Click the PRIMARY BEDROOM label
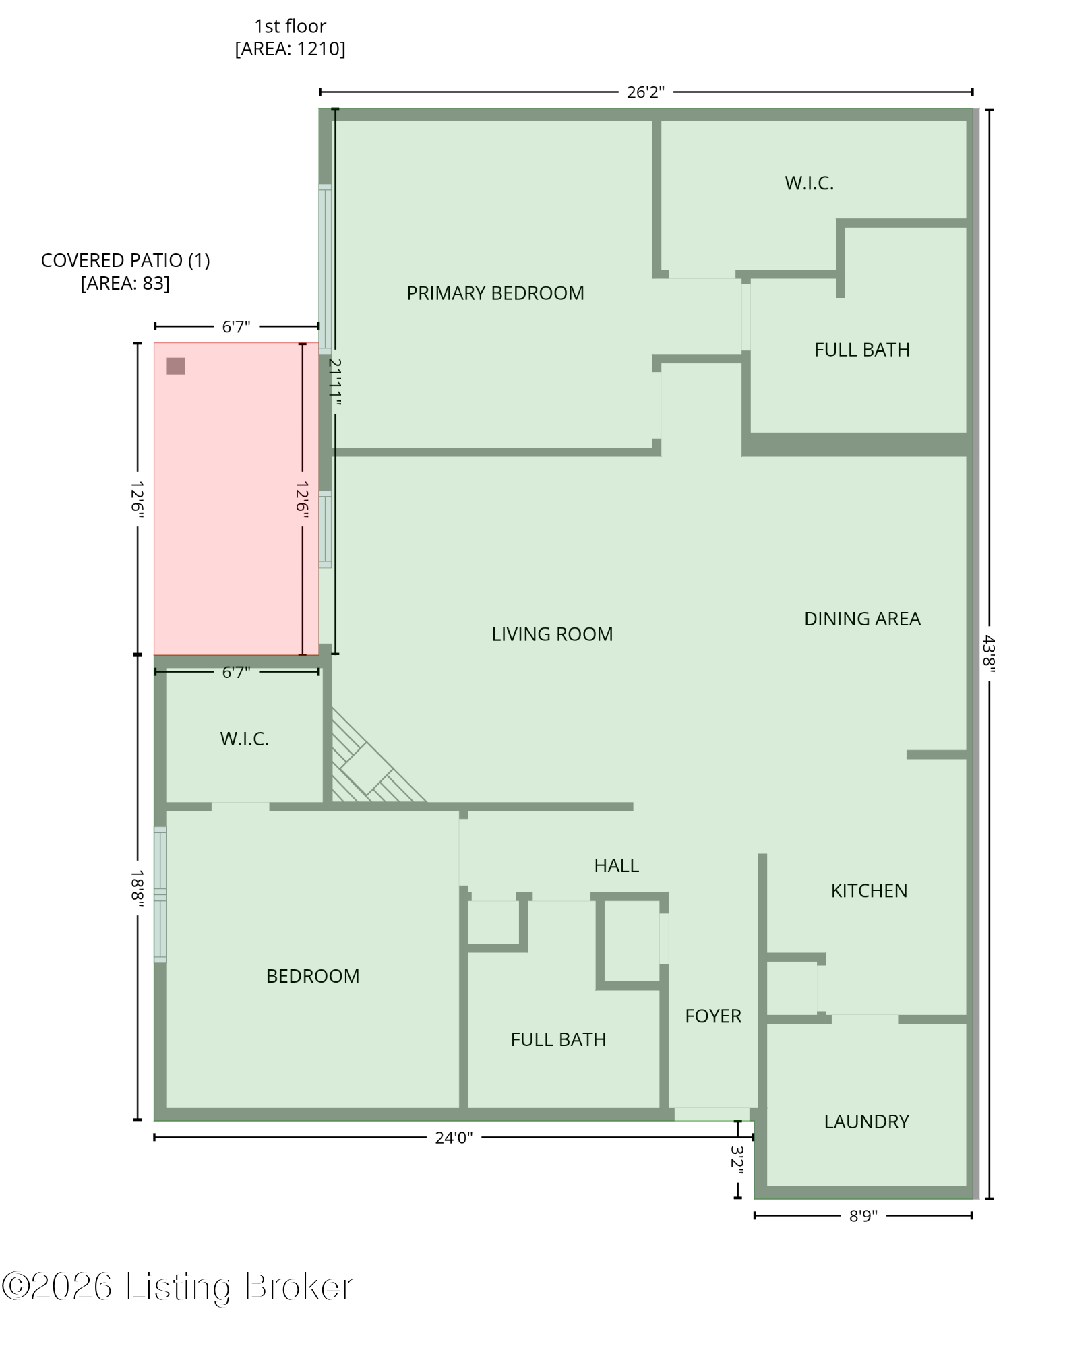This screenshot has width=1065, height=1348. pos(495,293)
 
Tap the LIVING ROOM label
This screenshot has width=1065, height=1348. pos(551,634)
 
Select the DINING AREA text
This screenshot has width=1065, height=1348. pos(861,619)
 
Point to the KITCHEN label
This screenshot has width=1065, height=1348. pos(868,890)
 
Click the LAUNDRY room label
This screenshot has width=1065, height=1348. pos(866,1122)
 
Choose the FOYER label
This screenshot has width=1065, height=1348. pos(712,1016)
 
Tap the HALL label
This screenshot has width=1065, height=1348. pos(616,865)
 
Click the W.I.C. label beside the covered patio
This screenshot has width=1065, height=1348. pos(244,739)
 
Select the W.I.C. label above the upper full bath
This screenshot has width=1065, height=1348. pos(809,183)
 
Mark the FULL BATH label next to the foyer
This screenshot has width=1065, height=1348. pos(557,1039)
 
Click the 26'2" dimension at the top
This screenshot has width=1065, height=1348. pos(645,92)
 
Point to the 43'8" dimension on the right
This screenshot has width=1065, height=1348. pos(989,653)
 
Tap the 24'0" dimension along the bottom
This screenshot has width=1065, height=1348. pos(453,1138)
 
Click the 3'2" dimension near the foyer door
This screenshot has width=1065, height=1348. pos(737,1161)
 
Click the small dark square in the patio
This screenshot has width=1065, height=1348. pos(175,366)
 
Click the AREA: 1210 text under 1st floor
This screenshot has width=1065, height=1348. pos(290,49)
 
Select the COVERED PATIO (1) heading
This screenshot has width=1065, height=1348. pos(125,260)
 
